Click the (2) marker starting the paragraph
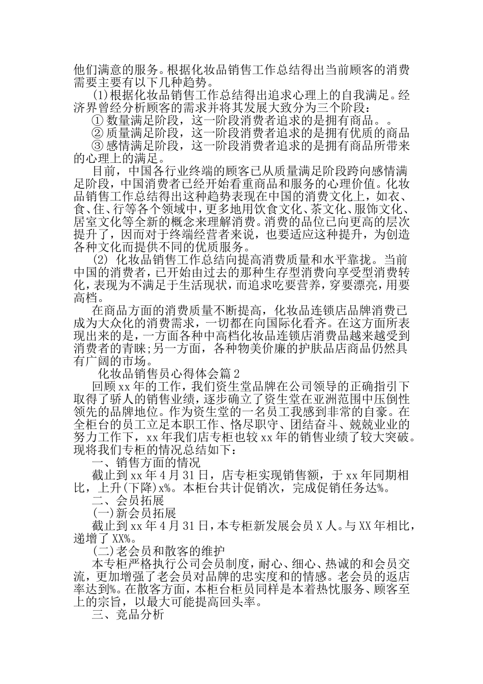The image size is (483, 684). click(100, 259)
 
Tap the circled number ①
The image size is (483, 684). click(97, 121)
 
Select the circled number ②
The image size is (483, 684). click(97, 134)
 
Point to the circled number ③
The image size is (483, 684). click(97, 147)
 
